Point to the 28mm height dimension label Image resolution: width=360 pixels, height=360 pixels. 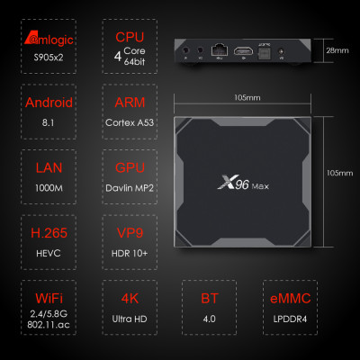coord(337,50)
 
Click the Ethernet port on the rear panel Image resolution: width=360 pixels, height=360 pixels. coord(218,50)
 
